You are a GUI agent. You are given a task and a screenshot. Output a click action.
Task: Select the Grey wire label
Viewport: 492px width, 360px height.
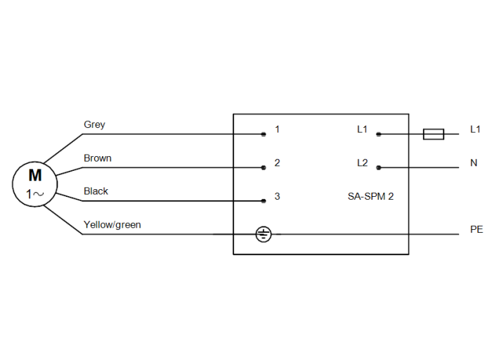point(94,125)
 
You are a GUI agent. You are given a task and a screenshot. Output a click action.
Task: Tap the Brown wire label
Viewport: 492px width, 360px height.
point(98,158)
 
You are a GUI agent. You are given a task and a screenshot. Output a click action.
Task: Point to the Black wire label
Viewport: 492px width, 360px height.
point(96,191)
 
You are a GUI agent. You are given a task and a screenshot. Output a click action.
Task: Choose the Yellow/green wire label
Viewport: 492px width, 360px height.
point(112,225)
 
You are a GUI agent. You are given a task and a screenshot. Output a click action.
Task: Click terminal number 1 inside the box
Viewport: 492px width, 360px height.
point(278,129)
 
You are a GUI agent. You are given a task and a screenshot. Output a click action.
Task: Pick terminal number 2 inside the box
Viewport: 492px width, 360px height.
point(278,163)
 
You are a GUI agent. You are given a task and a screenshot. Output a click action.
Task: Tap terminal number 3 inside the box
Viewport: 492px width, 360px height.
point(278,197)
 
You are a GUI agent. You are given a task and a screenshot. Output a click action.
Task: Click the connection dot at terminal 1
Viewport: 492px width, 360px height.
point(264,134)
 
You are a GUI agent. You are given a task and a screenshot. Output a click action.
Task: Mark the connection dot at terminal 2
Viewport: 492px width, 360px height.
point(264,167)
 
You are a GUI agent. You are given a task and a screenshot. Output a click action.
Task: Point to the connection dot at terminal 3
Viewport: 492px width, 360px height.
point(264,201)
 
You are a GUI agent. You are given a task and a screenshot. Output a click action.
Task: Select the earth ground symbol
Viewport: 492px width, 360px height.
point(263,234)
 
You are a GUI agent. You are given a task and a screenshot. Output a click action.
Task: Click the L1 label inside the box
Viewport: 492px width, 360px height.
point(362,129)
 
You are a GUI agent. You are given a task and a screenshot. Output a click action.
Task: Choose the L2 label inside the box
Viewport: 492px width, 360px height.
point(362,163)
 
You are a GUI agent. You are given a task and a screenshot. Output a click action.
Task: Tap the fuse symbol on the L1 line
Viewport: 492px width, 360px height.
point(433,134)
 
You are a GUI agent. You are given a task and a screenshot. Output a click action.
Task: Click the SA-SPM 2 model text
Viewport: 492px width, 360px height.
point(370,197)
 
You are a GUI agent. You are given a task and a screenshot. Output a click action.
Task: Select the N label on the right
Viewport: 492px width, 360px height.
point(474,163)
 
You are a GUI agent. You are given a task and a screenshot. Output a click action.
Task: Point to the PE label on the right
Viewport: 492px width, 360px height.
point(477,230)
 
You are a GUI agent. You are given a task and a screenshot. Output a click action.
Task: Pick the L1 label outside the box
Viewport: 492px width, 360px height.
point(475,129)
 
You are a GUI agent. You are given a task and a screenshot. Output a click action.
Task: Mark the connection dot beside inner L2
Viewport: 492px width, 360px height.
point(378,167)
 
